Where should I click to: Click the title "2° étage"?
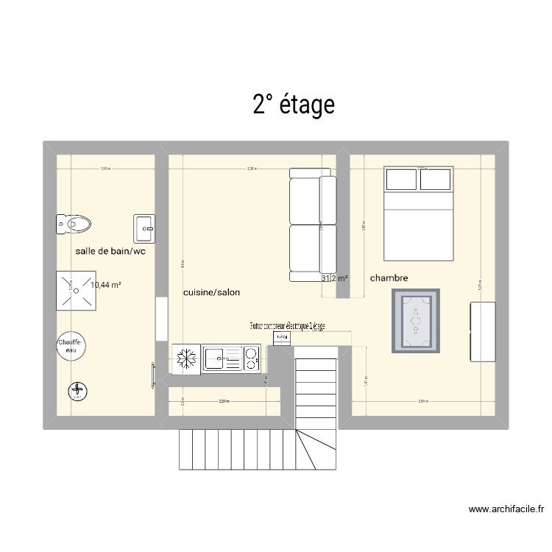tap(294, 105)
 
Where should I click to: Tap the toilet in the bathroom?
tap(74, 223)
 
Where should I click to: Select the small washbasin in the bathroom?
tap(144, 227)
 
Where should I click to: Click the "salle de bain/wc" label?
tap(110, 252)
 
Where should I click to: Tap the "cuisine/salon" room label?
tap(211, 292)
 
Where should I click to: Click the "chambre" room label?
tap(389, 278)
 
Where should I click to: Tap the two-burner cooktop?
tap(251, 359)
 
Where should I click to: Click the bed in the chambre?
tap(417, 214)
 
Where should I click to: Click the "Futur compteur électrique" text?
tap(287, 325)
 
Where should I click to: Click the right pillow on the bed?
tap(434, 180)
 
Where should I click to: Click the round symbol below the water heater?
tap(77, 392)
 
